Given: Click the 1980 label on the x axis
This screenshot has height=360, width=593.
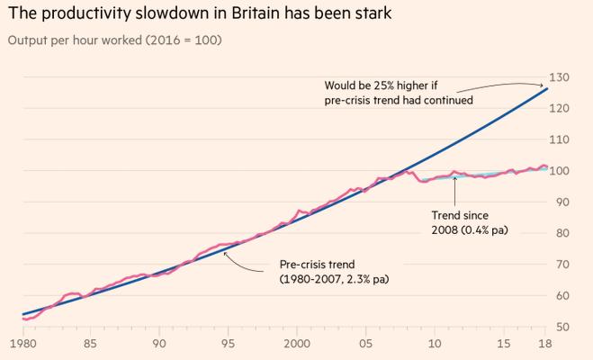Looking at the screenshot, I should [22, 344].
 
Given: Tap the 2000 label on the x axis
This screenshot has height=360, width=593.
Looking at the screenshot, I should [296, 344].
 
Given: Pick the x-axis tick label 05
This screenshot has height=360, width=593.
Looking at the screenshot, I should [365, 344].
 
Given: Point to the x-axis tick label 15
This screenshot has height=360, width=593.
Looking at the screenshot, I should [503, 344].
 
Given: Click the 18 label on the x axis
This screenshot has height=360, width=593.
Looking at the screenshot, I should [544, 344].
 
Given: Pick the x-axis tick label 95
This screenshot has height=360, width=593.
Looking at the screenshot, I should [229, 344].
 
